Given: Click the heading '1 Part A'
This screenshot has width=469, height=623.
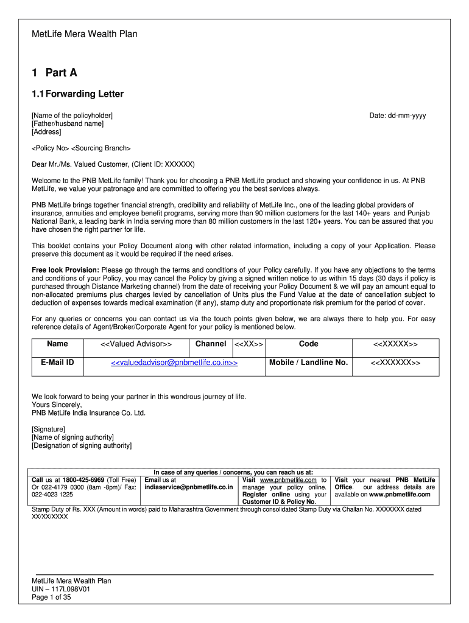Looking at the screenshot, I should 54,73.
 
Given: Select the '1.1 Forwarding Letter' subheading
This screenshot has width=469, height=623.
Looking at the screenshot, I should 77,94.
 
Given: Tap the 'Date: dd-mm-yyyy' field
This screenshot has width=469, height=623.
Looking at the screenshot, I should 398,116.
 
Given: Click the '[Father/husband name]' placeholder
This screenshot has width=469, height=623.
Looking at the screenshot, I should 68,124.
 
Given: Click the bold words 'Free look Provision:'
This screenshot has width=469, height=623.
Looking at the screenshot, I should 65,270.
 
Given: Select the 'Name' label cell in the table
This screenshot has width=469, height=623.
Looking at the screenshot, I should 57,344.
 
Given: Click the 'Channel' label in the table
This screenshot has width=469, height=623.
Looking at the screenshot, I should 211,344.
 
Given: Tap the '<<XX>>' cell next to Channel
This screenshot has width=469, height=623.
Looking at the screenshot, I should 249,344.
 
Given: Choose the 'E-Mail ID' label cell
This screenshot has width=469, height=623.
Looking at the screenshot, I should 57,363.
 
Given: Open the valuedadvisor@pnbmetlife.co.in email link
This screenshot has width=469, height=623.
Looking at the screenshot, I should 174,363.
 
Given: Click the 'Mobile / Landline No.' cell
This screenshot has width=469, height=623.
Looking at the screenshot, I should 308,363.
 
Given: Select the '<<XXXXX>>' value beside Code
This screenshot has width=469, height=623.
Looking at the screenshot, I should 395,344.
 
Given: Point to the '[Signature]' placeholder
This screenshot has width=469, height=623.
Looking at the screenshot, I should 49,429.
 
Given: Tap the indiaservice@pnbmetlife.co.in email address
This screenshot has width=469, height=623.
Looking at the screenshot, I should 189,487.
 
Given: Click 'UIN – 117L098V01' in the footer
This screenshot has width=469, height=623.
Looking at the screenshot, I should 61,590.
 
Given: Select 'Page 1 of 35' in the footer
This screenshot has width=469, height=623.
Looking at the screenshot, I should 51,597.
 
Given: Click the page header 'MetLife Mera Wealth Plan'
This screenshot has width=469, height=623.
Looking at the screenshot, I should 84,34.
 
